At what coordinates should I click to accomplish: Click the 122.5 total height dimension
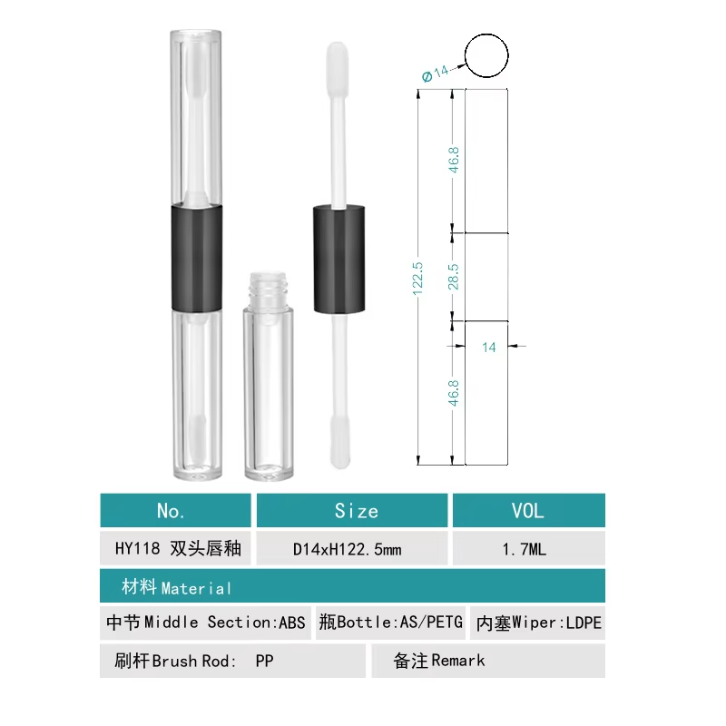tap(417, 279)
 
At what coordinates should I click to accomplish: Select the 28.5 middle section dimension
tap(453, 277)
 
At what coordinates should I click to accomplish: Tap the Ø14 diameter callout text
tap(436, 74)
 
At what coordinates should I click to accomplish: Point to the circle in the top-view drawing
tap(486, 34)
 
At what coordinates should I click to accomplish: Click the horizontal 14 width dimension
tap(489, 348)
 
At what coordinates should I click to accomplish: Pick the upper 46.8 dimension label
tap(454, 160)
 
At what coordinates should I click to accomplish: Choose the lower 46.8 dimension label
tap(454, 393)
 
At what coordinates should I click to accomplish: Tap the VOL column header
tap(529, 510)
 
